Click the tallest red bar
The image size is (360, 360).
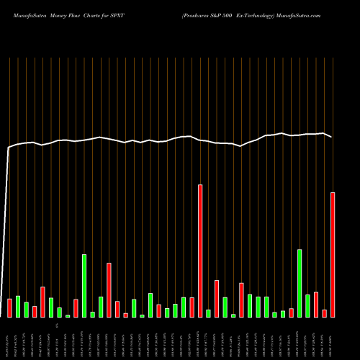(200, 251)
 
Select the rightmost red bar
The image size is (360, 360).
(333, 254)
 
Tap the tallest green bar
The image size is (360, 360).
(84, 285)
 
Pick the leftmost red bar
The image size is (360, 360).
(10, 307)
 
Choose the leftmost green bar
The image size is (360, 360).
(18, 306)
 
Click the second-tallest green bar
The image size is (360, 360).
(300, 283)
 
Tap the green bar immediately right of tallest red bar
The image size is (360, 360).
(209, 313)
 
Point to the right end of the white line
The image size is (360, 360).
(332, 137)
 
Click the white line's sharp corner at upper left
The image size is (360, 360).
(9, 148)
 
